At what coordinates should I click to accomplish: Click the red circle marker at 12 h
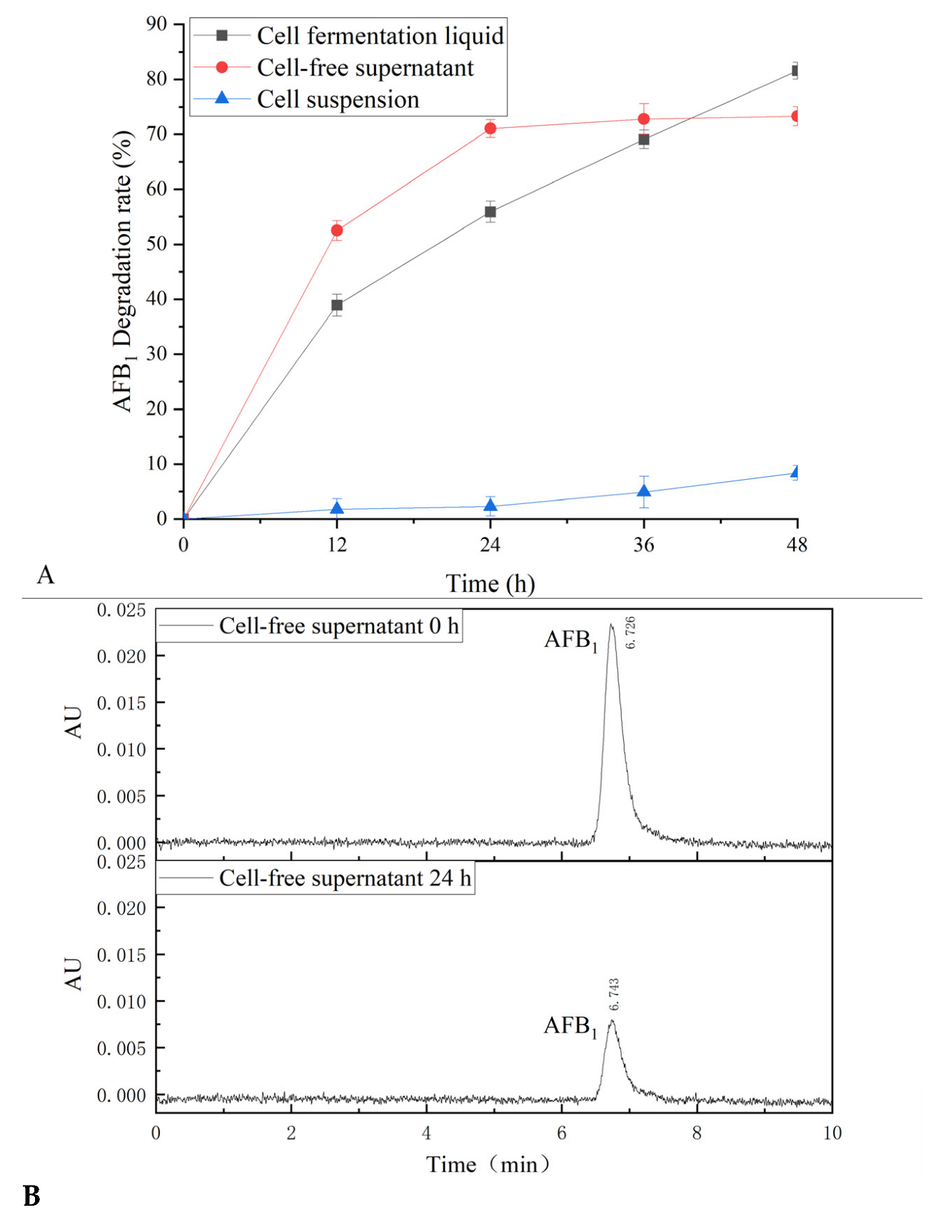[x=337, y=231]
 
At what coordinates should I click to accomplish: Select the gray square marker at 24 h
[x=490, y=212]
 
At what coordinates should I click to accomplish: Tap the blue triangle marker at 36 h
[x=644, y=492]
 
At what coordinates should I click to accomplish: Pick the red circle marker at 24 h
[x=490, y=128]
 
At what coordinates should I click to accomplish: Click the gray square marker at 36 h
[x=644, y=140]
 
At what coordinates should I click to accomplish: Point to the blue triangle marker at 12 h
[x=337, y=509]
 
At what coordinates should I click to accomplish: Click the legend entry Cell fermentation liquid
[x=380, y=36]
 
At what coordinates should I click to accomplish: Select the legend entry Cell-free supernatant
[x=365, y=68]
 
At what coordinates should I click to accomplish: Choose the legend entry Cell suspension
[x=338, y=100]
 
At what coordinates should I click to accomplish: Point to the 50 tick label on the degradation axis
[x=156, y=244]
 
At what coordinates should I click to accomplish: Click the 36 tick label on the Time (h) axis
[x=644, y=545]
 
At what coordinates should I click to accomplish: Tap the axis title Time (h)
[x=490, y=584]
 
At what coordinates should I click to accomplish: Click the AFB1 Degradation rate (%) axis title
[x=123, y=271]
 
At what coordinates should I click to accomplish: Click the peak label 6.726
[x=631, y=632]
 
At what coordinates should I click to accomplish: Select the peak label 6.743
[x=615, y=994]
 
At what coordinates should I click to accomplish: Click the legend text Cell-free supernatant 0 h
[x=338, y=626]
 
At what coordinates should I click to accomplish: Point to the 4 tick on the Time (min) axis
[x=426, y=1133]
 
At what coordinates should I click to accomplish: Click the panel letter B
[x=31, y=1196]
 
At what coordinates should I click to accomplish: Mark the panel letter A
[x=45, y=575]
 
